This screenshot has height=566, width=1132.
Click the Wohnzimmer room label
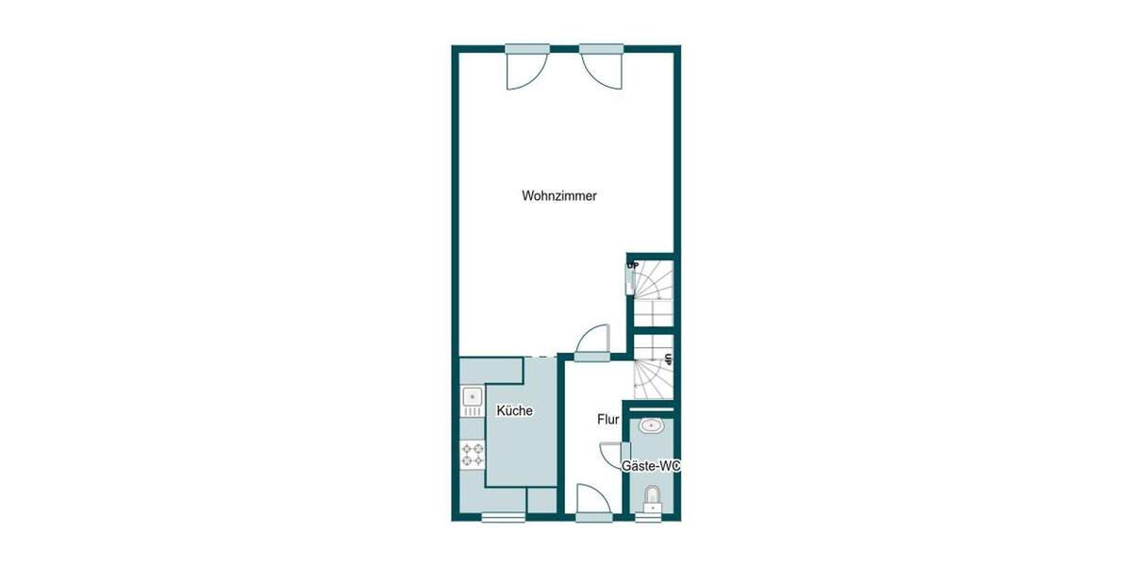[x=559, y=196]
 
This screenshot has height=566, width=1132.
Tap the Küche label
[x=514, y=411]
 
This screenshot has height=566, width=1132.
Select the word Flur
[x=608, y=419]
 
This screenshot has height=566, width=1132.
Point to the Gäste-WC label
[x=650, y=466]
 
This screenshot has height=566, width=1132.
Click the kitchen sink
[x=471, y=403]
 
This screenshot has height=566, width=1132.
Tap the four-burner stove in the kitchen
[x=472, y=456]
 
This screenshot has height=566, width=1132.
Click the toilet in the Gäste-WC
[x=650, y=497]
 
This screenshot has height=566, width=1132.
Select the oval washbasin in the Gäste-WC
[x=651, y=426]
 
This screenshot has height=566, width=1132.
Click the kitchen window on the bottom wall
[x=503, y=516]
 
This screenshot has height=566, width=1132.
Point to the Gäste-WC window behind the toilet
[x=649, y=516]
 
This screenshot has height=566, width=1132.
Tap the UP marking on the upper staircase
[x=632, y=265]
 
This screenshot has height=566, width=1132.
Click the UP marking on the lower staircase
[x=668, y=358]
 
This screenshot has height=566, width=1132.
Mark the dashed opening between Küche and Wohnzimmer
[x=540, y=356]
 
